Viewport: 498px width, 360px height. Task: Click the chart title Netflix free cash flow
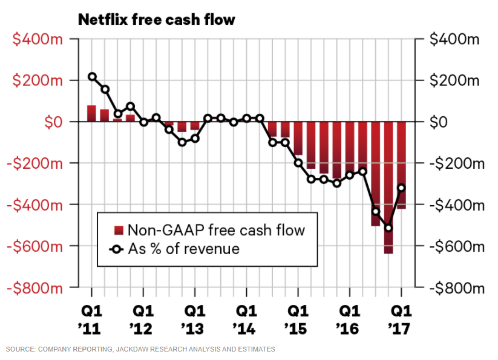click(156, 20)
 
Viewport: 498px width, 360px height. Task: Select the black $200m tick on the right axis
click(454, 80)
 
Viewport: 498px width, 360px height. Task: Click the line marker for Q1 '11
click(92, 77)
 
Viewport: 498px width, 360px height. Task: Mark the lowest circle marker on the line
click(388, 228)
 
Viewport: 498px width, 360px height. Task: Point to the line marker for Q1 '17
click(401, 188)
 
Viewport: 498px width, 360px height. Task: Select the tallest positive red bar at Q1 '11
click(92, 114)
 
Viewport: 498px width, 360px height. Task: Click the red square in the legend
click(119, 230)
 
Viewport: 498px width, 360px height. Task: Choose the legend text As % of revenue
click(183, 249)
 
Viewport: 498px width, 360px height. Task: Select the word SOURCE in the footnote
click(20, 349)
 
